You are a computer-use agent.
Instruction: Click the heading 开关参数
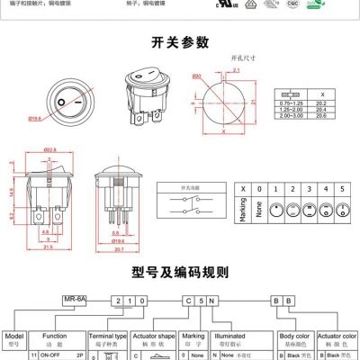tap(180, 44)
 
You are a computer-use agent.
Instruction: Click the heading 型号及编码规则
tap(180, 272)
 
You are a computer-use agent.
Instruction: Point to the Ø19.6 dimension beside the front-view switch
tap(37, 119)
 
